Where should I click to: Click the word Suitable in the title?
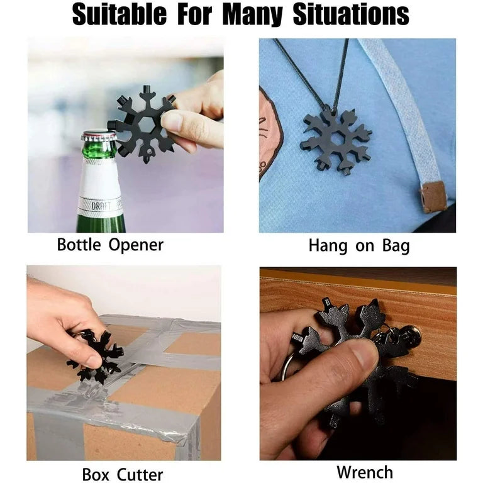pyautogui.click(x=119, y=14)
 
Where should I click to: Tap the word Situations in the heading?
pyautogui.click(x=351, y=14)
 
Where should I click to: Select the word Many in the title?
pyautogui.click(x=252, y=15)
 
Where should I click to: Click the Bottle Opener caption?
pyautogui.click(x=110, y=245)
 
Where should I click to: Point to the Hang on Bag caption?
pyautogui.click(x=359, y=246)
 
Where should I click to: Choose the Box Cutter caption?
pyautogui.click(x=123, y=474)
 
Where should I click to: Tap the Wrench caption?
pyautogui.click(x=365, y=472)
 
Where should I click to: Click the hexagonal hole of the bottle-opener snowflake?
pyautogui.click(x=146, y=125)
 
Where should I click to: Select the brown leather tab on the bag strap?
pyautogui.click(x=433, y=197)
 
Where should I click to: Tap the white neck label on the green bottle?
pyautogui.click(x=100, y=186)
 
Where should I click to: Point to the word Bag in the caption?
pyautogui.click(x=396, y=246)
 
